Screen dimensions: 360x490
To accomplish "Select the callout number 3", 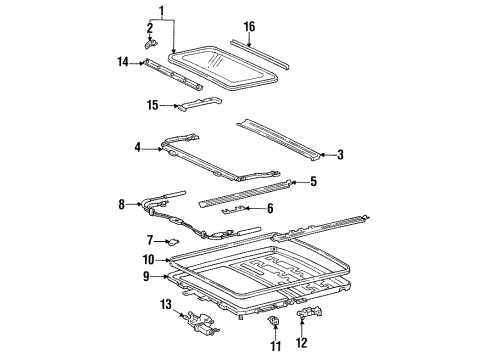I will pyautogui.click(x=340, y=154).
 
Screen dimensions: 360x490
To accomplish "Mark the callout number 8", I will pyautogui.click(x=122, y=204).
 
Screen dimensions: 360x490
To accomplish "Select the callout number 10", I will pyautogui.click(x=148, y=259).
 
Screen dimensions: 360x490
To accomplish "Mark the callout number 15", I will pyautogui.click(x=153, y=103).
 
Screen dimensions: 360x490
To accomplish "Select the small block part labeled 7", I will pyautogui.click(x=172, y=240).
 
